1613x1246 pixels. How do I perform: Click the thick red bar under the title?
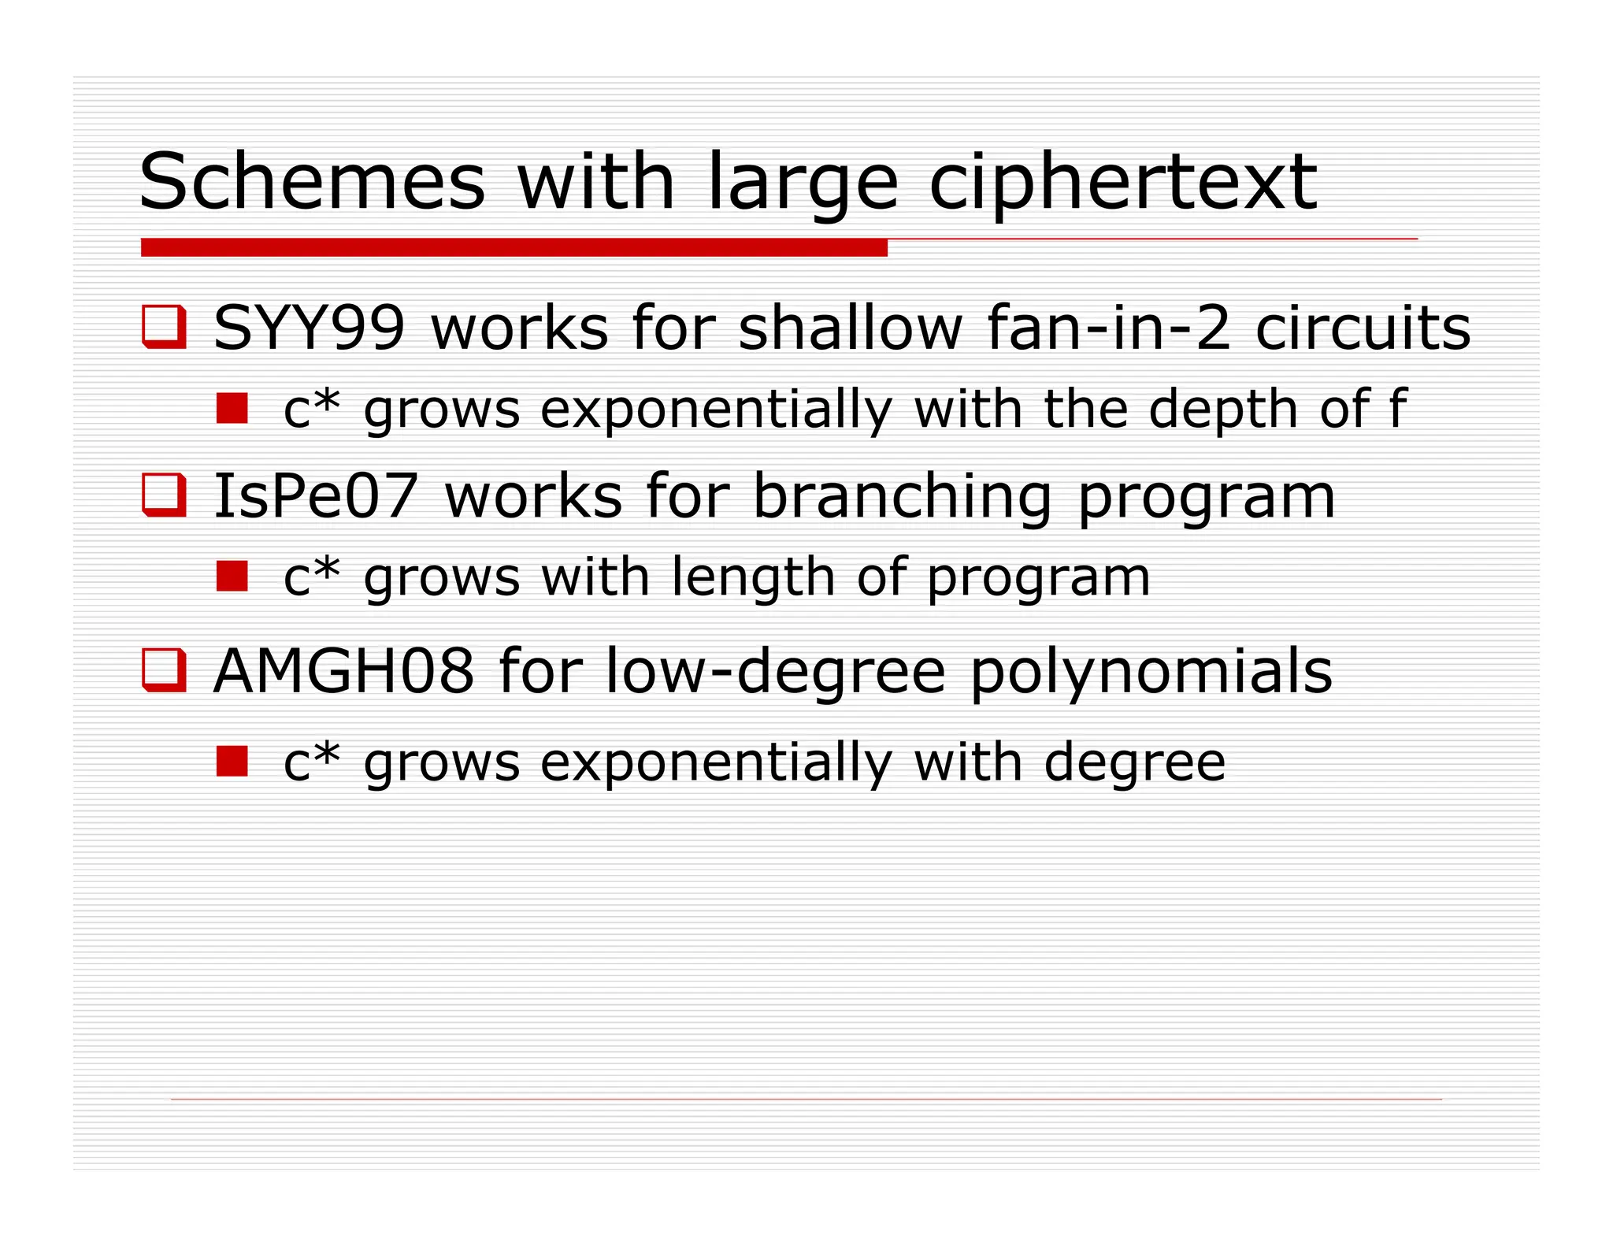pyautogui.click(x=514, y=248)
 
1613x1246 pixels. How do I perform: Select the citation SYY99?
pyautogui.click(x=310, y=328)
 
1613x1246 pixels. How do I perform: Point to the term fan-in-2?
pyautogui.click(x=1108, y=328)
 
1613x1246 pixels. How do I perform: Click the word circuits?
pyautogui.click(x=1363, y=328)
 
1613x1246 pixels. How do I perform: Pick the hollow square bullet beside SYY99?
pyautogui.click(x=164, y=326)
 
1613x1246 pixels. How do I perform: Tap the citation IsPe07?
pyautogui.click(x=316, y=496)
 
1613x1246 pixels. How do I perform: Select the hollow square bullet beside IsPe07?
pyautogui.click(x=164, y=495)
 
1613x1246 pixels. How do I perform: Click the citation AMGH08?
pyautogui.click(x=344, y=671)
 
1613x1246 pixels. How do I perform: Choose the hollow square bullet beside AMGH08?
pyautogui.click(x=164, y=670)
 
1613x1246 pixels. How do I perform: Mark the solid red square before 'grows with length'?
pyautogui.click(x=232, y=576)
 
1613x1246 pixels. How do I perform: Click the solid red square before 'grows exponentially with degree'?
pyautogui.click(x=232, y=761)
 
